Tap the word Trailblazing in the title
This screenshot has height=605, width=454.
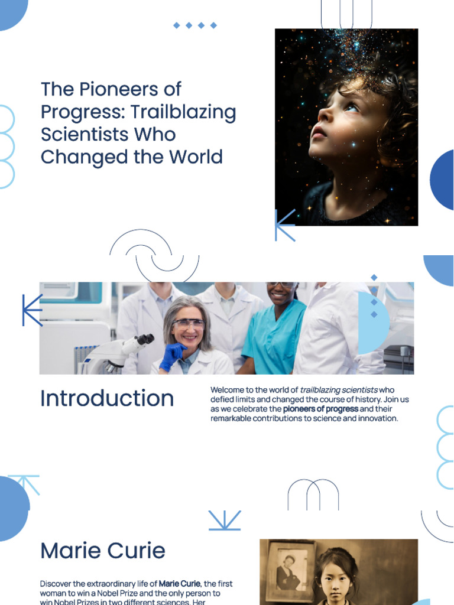click(x=183, y=112)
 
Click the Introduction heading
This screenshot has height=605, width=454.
click(x=107, y=399)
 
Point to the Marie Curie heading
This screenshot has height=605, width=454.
click(x=103, y=551)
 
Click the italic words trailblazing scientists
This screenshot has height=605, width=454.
click(x=339, y=390)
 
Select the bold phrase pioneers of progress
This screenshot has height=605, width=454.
click(x=320, y=409)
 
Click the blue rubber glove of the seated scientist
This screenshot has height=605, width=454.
click(x=172, y=356)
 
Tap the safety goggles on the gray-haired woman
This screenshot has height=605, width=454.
click(x=188, y=324)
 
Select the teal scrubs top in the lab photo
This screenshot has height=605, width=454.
click(x=273, y=337)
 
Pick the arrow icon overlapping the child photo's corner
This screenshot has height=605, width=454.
click(x=284, y=225)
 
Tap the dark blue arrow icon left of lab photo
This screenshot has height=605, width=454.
click(x=32, y=310)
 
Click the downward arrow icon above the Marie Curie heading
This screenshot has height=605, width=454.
click(x=225, y=521)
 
